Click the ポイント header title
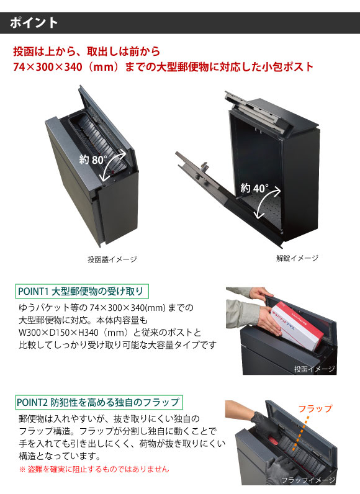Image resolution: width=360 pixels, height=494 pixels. pos(34,23)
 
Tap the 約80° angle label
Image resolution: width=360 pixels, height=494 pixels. pos(93,159)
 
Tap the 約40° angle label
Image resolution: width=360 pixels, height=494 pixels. pos(254,188)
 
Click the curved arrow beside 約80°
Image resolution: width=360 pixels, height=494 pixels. pos(113,165)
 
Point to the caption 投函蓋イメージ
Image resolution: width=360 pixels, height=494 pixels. pos(112,259)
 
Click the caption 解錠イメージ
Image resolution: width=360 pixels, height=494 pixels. pos(297,258)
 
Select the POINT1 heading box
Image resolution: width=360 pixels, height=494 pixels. pos(82,292)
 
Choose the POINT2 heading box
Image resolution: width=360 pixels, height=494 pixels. pos(99,402)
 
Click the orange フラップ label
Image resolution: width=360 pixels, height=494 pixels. pos(315,408)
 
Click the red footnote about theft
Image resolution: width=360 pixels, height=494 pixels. pos(94,469)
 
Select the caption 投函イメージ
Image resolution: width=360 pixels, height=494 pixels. pos(314,369)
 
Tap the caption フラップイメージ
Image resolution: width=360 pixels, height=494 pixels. pos(308,480)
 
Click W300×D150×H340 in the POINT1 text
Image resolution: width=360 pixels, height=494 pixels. pos(58,333)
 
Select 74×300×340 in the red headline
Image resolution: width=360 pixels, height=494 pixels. pos(48,67)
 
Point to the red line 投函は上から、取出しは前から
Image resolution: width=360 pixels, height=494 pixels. pos(87,51)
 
